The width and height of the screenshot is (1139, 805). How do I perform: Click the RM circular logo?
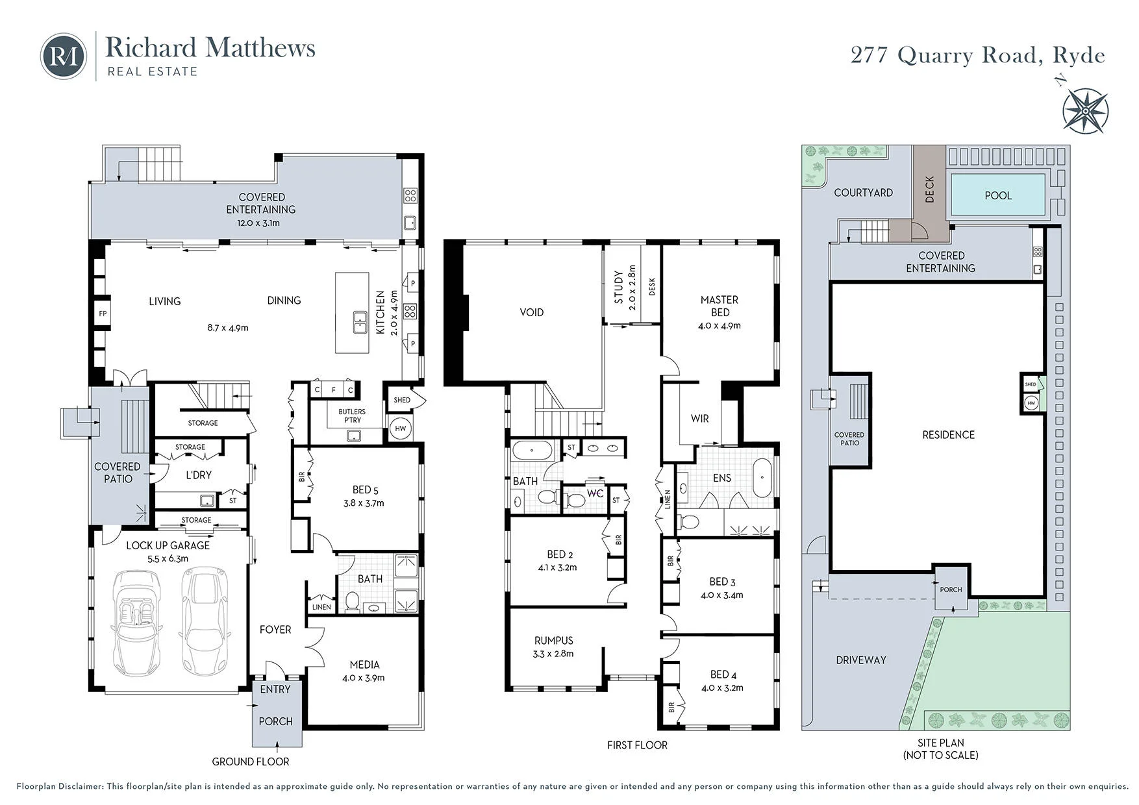coord(64,56)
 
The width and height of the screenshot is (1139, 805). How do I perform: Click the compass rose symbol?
coord(1084,110)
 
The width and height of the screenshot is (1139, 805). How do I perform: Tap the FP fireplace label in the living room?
coord(103,314)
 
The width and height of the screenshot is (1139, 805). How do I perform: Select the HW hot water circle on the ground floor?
coord(401,428)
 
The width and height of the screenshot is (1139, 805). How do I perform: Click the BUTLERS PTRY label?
coord(352,415)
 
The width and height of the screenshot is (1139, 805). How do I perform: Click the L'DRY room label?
coord(199,475)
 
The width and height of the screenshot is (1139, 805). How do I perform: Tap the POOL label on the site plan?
coord(998,195)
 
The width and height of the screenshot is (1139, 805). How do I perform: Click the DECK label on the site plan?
coord(929,189)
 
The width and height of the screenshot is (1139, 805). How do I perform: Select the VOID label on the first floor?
coord(531,312)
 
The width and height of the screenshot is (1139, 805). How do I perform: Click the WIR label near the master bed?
coord(699,419)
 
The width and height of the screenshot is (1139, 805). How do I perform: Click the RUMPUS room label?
coord(553,641)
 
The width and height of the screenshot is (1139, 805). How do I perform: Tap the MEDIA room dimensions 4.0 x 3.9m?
coord(364,678)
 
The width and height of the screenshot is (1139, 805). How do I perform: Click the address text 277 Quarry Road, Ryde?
coord(978,56)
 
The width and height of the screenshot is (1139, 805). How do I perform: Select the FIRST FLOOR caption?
coord(637,745)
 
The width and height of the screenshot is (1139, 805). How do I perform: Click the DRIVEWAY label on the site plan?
coord(861,660)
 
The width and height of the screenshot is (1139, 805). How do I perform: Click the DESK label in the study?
coord(652,286)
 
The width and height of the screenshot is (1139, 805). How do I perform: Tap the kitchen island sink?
coord(360,323)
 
